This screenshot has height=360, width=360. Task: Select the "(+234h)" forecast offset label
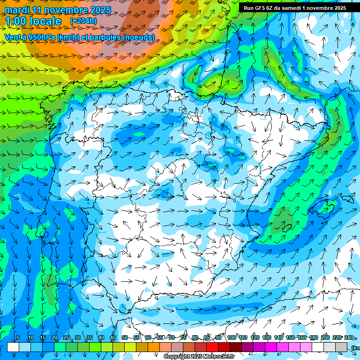click(x=83, y=21)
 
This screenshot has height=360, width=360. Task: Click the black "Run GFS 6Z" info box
click(x=294, y=7)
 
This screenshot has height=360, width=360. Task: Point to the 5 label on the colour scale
click(x=18, y=337)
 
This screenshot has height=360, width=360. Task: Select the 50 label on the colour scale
click(x=124, y=337)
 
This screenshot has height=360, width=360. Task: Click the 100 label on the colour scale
click(x=232, y=337)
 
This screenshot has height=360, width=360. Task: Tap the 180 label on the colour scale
click(x=313, y=337)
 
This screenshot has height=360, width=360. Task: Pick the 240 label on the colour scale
click(x=349, y=337)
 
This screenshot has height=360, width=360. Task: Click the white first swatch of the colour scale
click(x=13, y=347)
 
